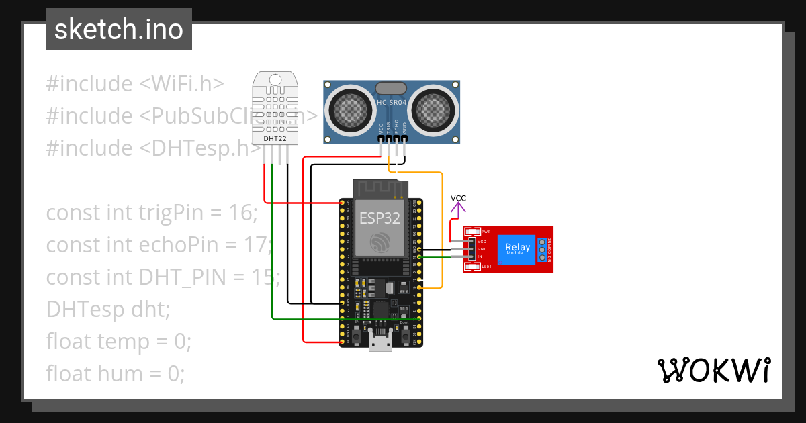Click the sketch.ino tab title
pos(118,30)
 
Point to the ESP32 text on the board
pos(379,218)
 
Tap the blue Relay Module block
pos(517,248)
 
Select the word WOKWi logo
pos(713,371)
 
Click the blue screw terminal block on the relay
pos(541,248)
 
